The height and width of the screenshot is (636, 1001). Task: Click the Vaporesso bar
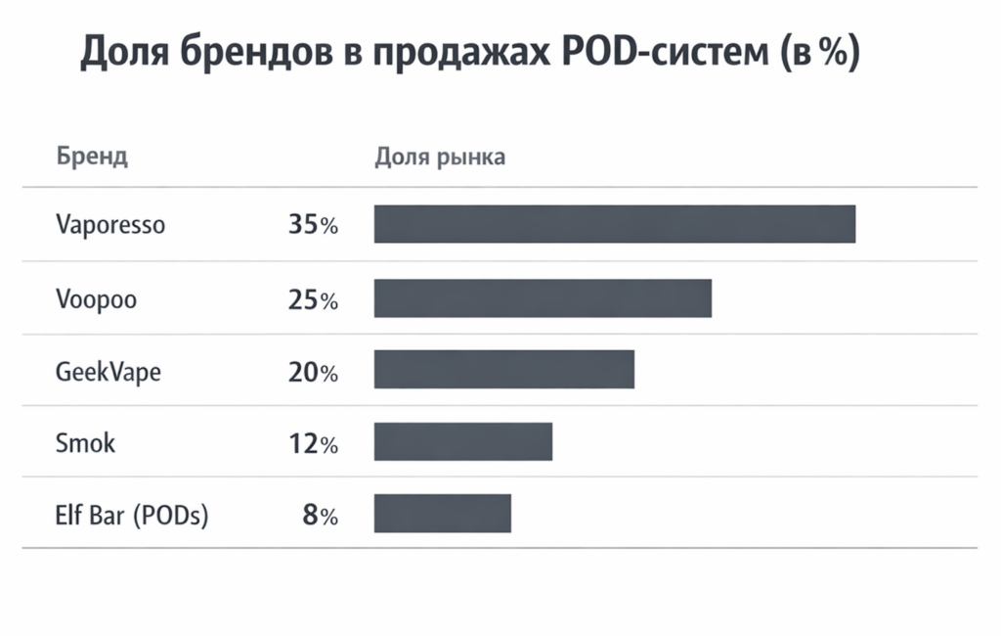point(614,224)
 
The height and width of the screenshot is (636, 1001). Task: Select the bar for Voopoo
point(543,298)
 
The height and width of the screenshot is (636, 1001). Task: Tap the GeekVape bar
point(503,370)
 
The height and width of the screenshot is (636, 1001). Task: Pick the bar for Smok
point(462,442)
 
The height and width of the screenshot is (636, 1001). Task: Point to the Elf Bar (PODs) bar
point(442,514)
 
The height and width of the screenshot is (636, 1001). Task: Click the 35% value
point(313,225)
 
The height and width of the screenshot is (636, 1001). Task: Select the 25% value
point(313,299)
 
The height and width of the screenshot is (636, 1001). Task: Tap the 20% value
point(313,372)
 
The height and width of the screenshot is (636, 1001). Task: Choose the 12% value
point(313,444)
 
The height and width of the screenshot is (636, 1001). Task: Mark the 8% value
point(320,516)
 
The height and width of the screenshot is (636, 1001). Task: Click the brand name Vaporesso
point(110,225)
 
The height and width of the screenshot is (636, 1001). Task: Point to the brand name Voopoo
point(96,299)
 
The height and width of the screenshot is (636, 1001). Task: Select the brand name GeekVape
point(108,372)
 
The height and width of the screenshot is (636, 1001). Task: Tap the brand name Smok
point(85,443)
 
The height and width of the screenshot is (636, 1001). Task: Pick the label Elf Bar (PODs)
point(132,516)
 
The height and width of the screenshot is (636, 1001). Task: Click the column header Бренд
point(92,157)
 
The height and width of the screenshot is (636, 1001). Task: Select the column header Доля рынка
point(440,157)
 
